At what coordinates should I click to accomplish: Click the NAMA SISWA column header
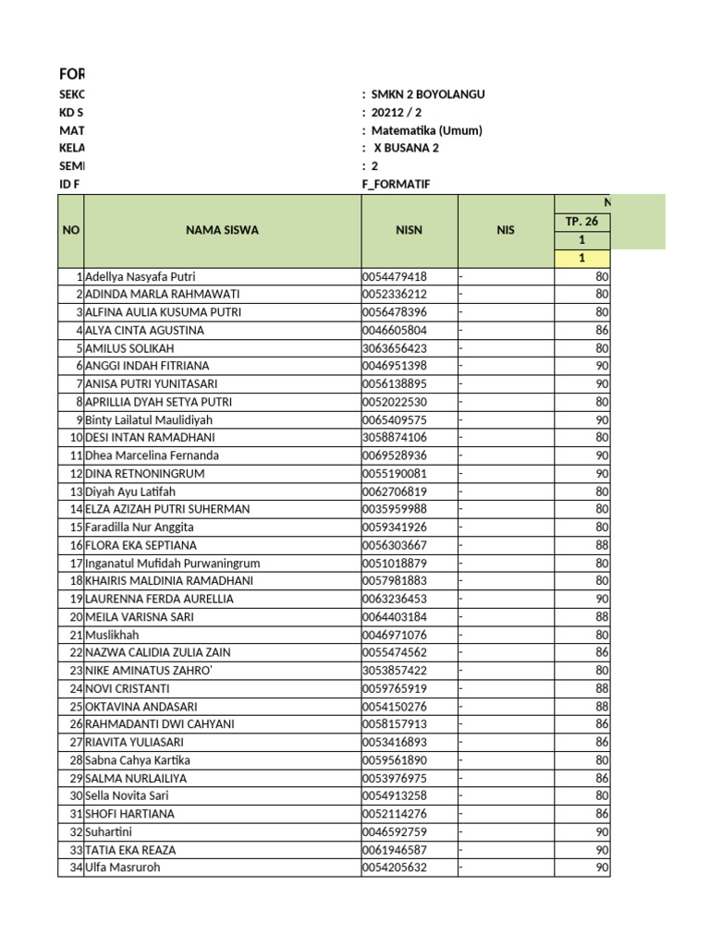(x=222, y=230)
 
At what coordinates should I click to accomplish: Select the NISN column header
(x=408, y=230)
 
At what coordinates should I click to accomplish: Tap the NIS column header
(x=505, y=230)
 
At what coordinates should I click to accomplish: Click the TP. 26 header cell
(x=581, y=221)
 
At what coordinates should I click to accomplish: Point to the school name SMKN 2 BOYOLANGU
(x=427, y=94)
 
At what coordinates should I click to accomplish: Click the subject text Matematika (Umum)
(x=426, y=130)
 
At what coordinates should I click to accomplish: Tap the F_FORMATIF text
(x=396, y=184)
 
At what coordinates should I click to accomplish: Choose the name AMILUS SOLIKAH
(x=129, y=348)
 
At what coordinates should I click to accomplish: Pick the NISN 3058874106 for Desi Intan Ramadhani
(x=395, y=437)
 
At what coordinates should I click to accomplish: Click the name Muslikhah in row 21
(x=110, y=635)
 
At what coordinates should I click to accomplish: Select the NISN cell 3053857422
(x=395, y=670)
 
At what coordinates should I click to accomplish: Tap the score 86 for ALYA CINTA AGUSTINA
(x=602, y=330)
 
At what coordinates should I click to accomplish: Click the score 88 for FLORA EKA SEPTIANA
(x=602, y=545)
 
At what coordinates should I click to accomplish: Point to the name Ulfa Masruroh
(x=122, y=867)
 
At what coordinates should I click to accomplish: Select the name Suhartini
(x=109, y=831)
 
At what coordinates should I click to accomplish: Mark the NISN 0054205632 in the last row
(x=395, y=867)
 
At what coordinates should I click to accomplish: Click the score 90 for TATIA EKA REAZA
(x=602, y=850)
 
